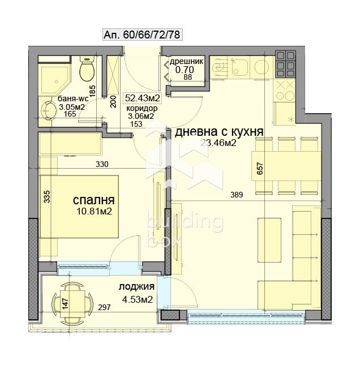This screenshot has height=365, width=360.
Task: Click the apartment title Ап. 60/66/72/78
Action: [142, 35]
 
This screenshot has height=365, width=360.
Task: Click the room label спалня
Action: [94, 200]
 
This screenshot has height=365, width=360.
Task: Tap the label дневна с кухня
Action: [218, 132]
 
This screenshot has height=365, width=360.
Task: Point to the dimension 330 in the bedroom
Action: [101, 165]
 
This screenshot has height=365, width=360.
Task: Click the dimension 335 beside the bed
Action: [48, 196]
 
